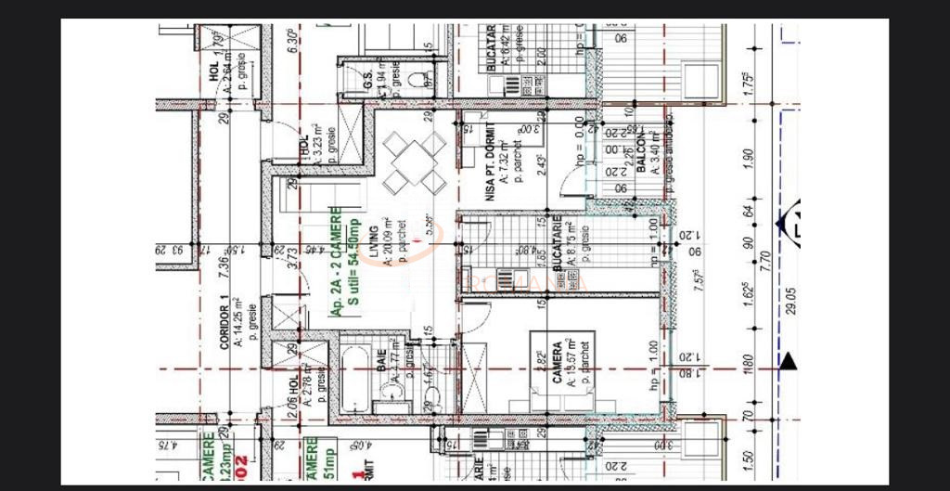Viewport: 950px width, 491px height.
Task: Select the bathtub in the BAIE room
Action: (x=354, y=381)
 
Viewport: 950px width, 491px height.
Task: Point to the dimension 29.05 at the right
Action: (x=789, y=303)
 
